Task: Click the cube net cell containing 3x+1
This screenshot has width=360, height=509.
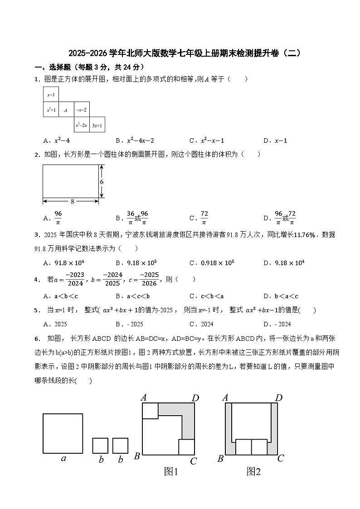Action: pos(97,125)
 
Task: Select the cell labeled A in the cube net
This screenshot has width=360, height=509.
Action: pos(66,110)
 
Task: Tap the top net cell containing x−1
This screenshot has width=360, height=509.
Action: pos(51,95)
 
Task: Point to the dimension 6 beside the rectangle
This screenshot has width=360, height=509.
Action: pos(102,181)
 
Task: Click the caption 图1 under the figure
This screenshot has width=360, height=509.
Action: pos(170,472)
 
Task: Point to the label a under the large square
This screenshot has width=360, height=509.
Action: pos(63,458)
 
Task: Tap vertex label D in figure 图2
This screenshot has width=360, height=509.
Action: pos(279,398)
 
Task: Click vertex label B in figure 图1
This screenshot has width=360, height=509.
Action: pos(136,456)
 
